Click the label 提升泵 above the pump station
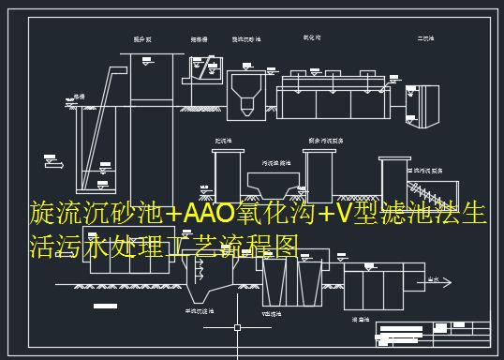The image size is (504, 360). coord(141,39)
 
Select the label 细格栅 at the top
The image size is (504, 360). coord(199,39)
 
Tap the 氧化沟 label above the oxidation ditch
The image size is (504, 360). coord(312,38)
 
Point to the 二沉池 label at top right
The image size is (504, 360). coord(425,39)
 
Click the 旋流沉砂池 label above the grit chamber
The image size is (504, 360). coord(247,39)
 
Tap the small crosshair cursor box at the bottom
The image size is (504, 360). coord(237,328)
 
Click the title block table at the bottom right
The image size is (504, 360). coord(437,332)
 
